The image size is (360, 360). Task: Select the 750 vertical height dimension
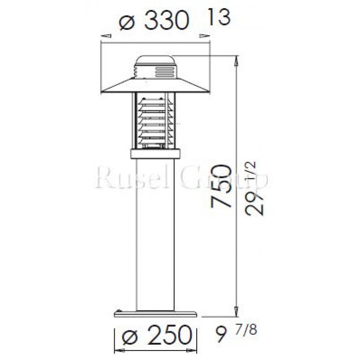coord(222,187)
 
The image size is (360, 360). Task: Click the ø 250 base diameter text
coord(156,335)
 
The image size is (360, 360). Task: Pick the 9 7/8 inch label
coord(237,335)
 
